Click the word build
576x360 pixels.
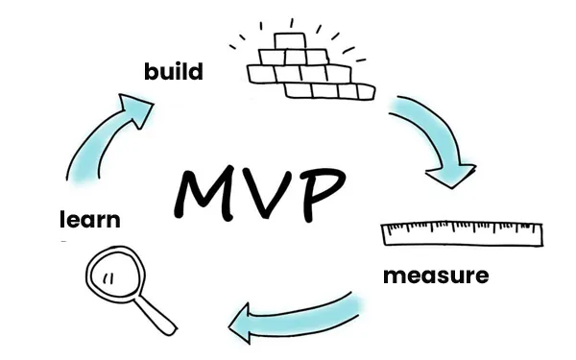(x=174, y=71)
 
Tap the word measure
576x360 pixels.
(x=436, y=276)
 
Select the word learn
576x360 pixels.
(x=90, y=219)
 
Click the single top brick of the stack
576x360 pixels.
(x=290, y=41)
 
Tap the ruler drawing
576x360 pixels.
(x=462, y=234)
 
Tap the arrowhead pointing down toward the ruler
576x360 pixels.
(x=451, y=176)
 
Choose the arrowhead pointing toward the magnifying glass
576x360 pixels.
(x=241, y=324)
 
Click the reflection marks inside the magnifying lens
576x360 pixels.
(x=108, y=278)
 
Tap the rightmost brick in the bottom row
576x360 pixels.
(x=367, y=91)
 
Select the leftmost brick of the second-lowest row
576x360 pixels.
(x=261, y=74)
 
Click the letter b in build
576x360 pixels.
(x=151, y=71)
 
